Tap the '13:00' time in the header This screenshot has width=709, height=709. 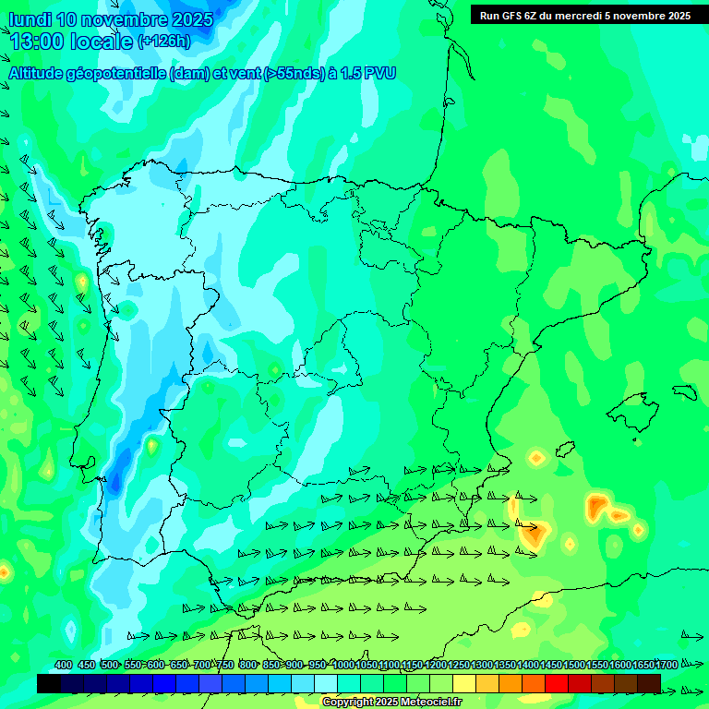click(x=36, y=41)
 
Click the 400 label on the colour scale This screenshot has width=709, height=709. click(x=63, y=666)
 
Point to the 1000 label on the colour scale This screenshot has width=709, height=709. click(x=342, y=666)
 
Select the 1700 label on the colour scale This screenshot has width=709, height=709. click(x=667, y=666)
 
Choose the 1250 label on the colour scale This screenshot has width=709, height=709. click(x=459, y=666)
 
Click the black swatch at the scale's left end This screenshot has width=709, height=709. click(x=49, y=683)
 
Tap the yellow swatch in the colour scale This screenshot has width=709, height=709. click(x=464, y=683)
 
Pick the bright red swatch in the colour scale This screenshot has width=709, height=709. click(x=557, y=683)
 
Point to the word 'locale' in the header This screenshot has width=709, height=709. click(x=101, y=41)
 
